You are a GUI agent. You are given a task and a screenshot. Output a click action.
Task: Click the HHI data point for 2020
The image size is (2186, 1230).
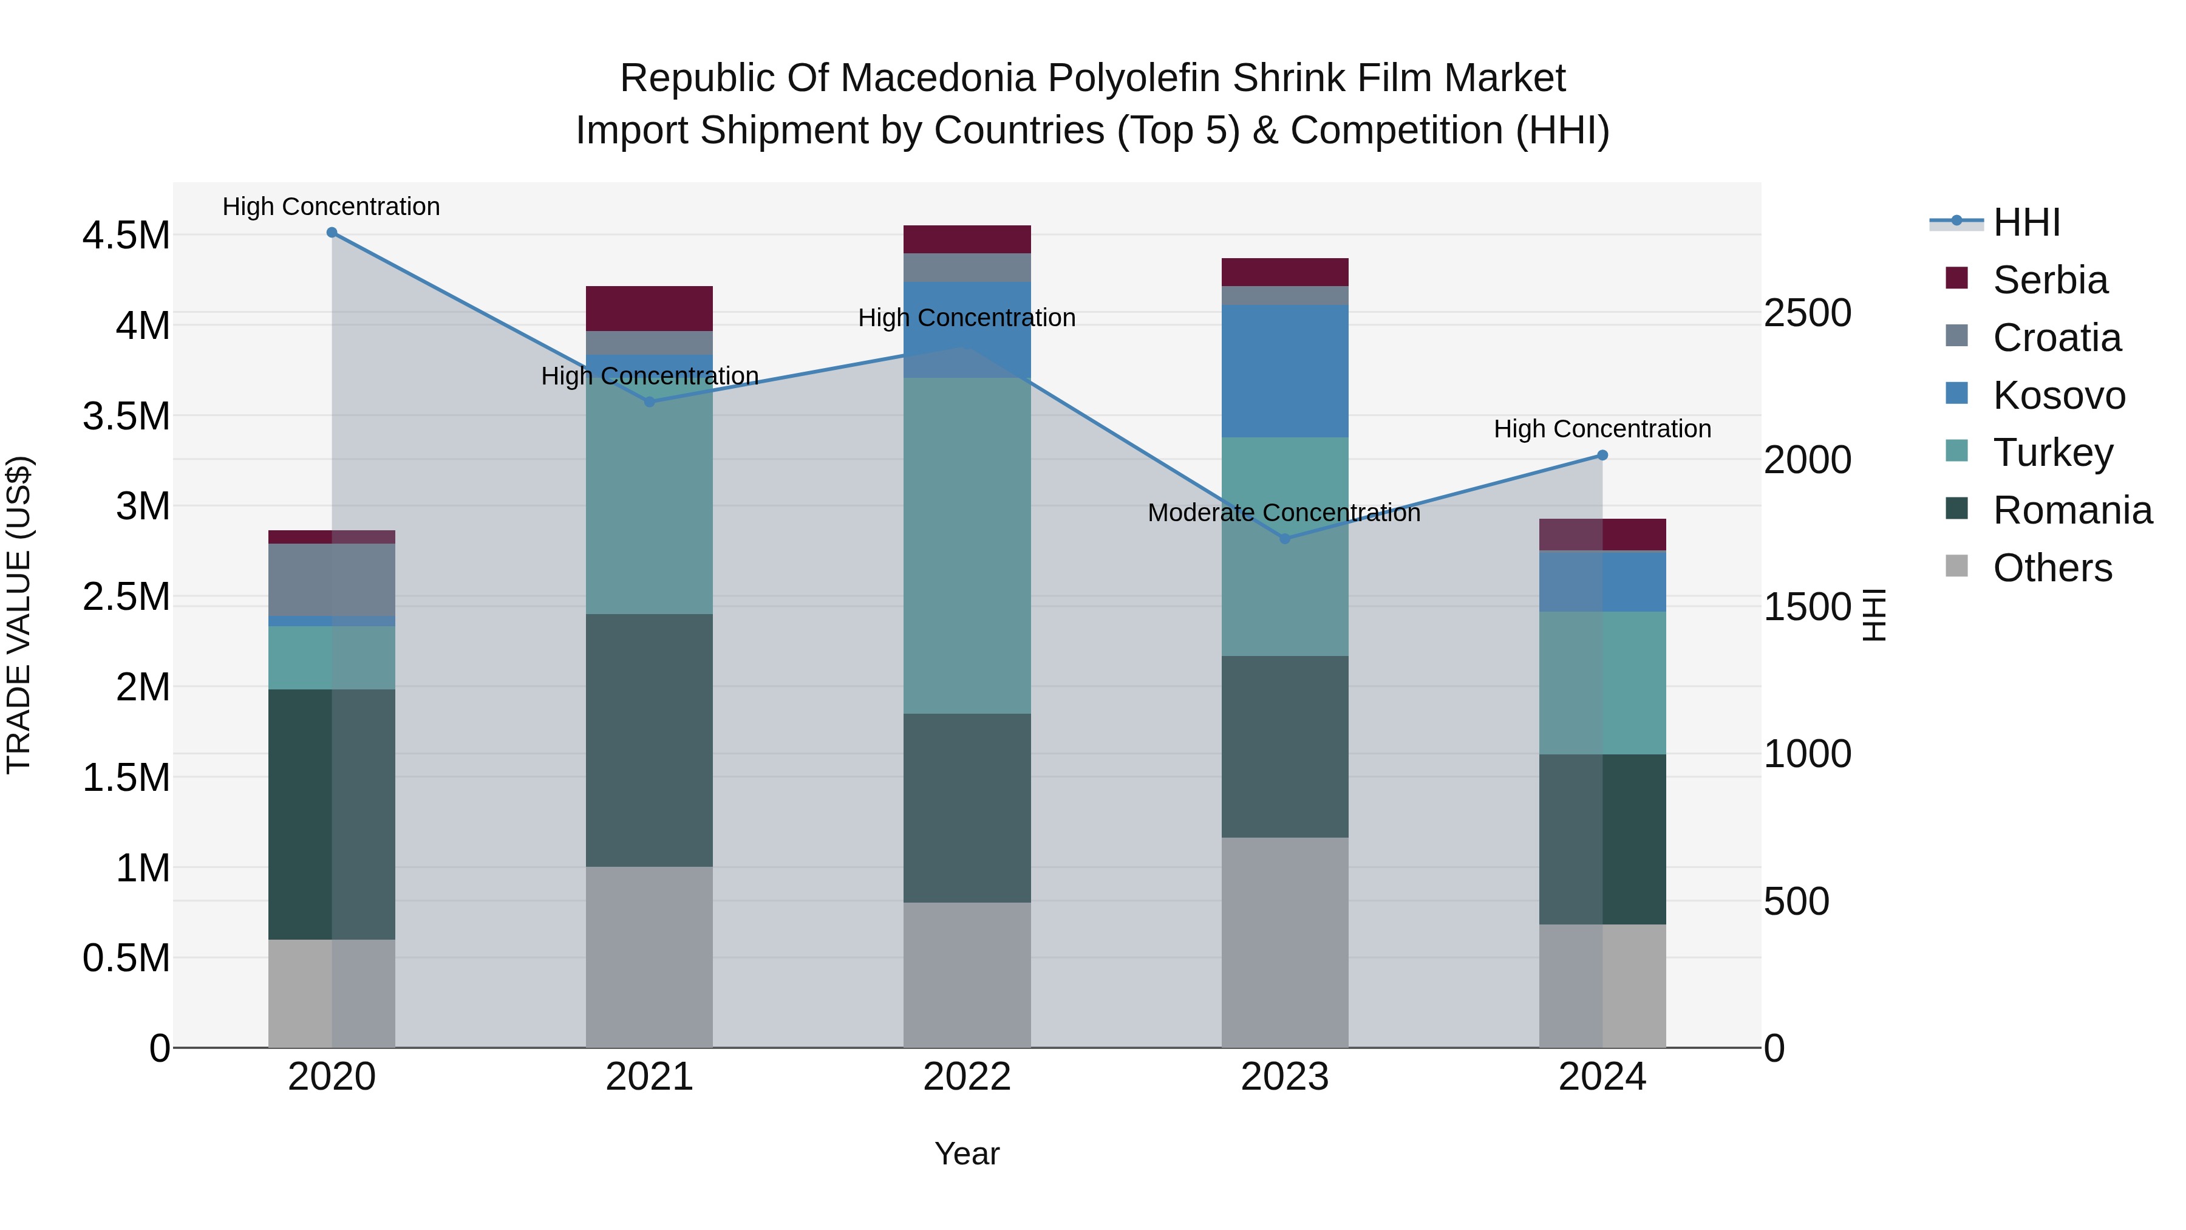(332, 233)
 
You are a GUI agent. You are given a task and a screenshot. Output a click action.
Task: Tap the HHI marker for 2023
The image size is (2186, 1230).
(1285, 539)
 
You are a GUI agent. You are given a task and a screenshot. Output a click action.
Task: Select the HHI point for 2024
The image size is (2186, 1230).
(1602, 456)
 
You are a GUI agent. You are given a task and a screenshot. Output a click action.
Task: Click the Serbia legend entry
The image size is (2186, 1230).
(2049, 280)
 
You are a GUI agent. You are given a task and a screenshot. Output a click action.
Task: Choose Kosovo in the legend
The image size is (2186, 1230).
(2058, 395)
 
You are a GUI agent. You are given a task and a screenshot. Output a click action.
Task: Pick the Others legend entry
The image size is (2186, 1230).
(2052, 568)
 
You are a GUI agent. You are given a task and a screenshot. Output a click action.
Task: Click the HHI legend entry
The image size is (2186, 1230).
(2026, 222)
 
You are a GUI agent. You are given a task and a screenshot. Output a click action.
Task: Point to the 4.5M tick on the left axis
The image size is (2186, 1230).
(126, 235)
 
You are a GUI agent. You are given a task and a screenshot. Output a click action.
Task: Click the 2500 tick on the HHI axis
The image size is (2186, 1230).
(1808, 313)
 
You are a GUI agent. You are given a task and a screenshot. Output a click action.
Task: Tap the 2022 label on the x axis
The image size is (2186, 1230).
(967, 1077)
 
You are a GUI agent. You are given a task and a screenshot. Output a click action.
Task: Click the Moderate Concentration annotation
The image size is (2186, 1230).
(1284, 513)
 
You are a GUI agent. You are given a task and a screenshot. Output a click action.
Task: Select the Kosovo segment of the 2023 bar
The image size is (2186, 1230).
(1285, 371)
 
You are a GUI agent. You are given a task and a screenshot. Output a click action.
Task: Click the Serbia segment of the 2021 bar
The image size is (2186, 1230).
(649, 308)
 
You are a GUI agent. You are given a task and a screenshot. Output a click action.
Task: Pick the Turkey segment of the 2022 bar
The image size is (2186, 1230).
(967, 545)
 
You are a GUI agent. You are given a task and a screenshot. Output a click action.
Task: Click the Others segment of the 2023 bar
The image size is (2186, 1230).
(1285, 942)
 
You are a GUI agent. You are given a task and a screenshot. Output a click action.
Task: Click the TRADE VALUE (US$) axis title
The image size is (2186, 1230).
(19, 615)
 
